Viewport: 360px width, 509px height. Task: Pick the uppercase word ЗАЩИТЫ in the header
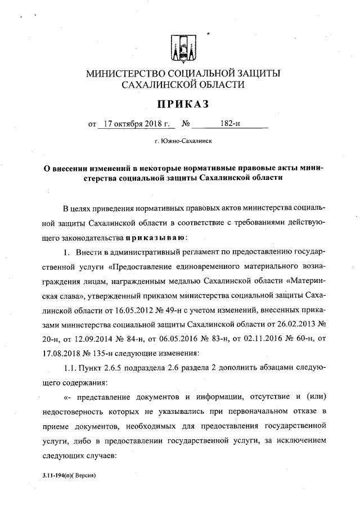pos(255,73)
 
